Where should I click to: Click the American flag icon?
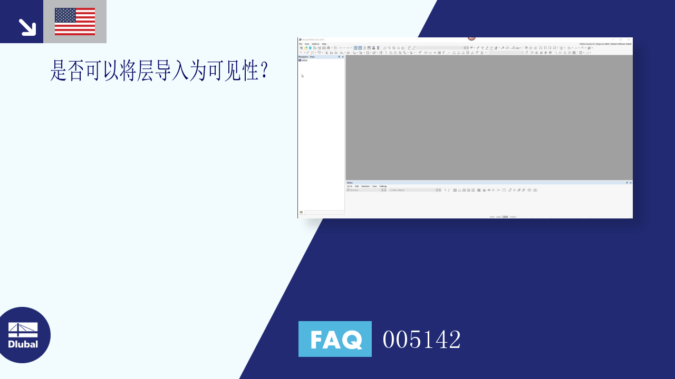pyautogui.click(x=75, y=22)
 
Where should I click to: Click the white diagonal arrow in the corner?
pyautogui.click(x=27, y=27)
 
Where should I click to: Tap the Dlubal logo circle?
pyautogui.click(x=23, y=335)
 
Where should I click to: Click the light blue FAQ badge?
pyautogui.click(x=335, y=339)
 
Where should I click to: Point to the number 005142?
pyautogui.click(x=421, y=340)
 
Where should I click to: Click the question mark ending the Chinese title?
pyautogui.click(x=265, y=71)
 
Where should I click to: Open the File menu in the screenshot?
pyautogui.click(x=301, y=44)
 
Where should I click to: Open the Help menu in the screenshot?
pyautogui.click(x=324, y=44)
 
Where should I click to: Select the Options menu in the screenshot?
pyautogui.click(x=315, y=44)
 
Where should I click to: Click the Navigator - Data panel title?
pyautogui.click(x=307, y=57)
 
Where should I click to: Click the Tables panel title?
pyautogui.click(x=350, y=183)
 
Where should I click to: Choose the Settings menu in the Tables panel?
pyautogui.click(x=383, y=186)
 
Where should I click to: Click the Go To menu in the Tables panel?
pyautogui.click(x=349, y=186)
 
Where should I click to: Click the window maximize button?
pyautogui.click(x=621, y=39)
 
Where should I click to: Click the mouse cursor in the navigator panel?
pyautogui.click(x=302, y=76)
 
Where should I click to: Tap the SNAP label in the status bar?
pyautogui.click(x=492, y=217)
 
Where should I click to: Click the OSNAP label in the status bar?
pyautogui.click(x=513, y=217)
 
